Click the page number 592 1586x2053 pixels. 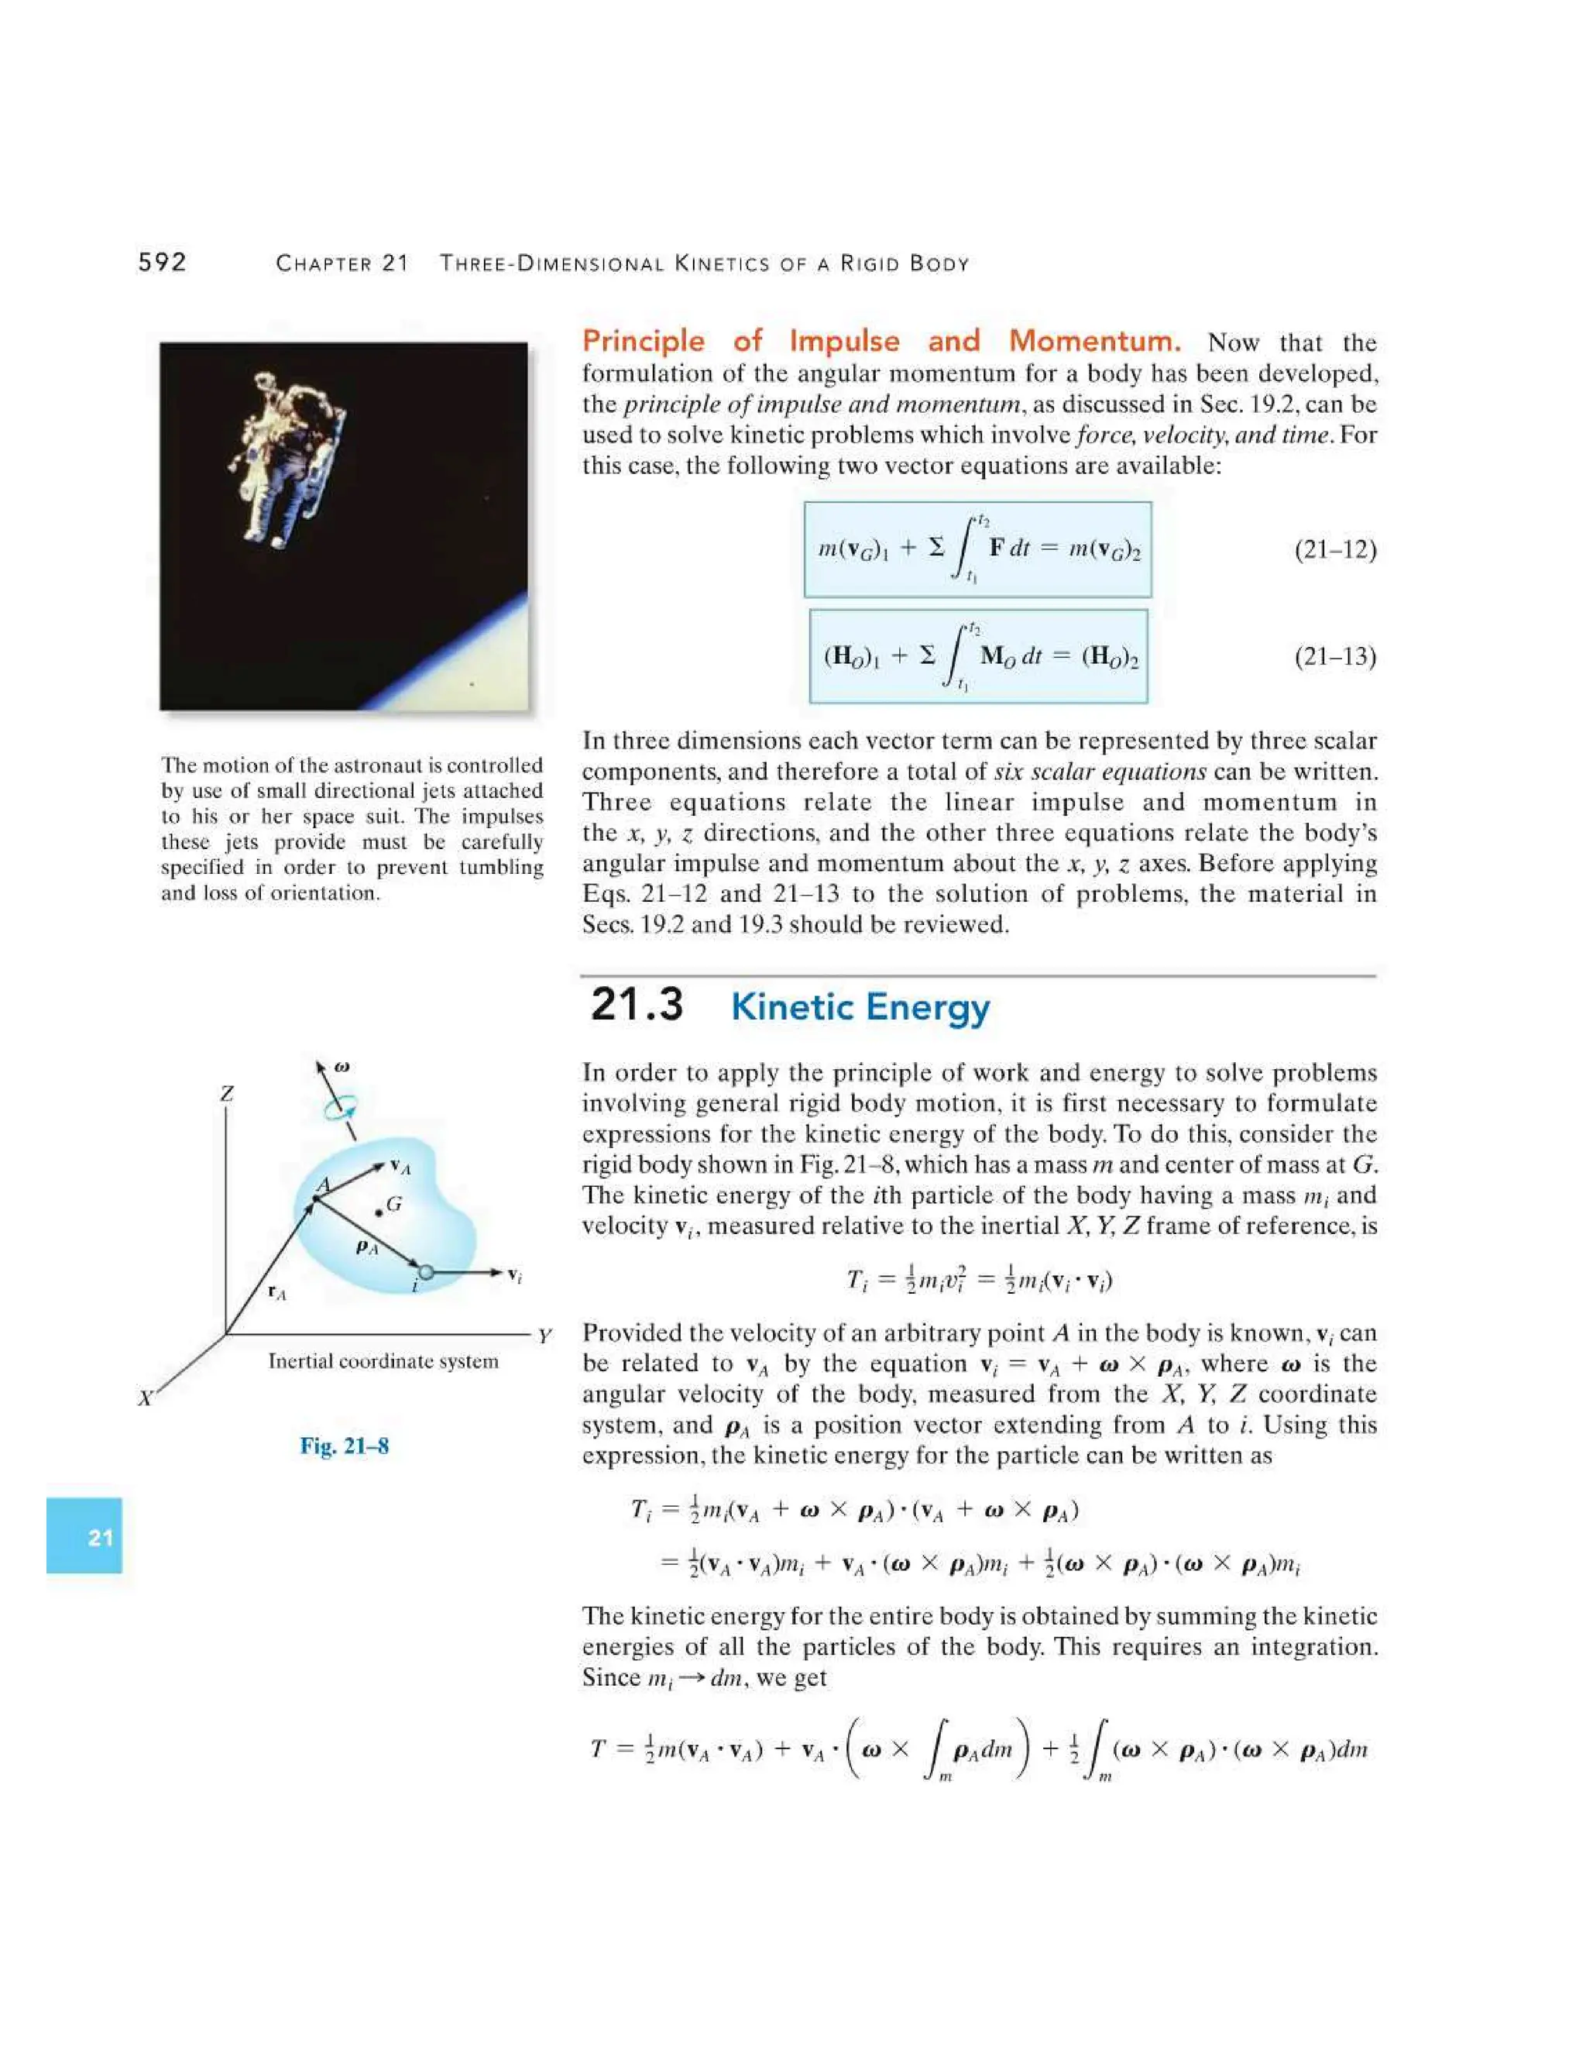pos(163,263)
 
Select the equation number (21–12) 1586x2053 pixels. pos(1334,549)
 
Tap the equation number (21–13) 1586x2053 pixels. pos(1334,656)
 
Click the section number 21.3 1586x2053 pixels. pos(636,1005)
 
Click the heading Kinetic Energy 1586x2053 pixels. pos(860,1007)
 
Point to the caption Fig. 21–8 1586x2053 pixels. pos(344,1446)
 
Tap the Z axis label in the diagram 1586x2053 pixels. pos(226,1094)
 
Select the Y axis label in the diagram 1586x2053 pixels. pos(544,1336)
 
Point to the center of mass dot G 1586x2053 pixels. pos(379,1212)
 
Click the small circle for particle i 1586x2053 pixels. pos(426,1272)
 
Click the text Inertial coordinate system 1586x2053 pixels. pos(383,1361)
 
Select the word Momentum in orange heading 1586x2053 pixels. pos(1093,340)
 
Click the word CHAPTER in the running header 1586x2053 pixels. pos(322,264)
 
